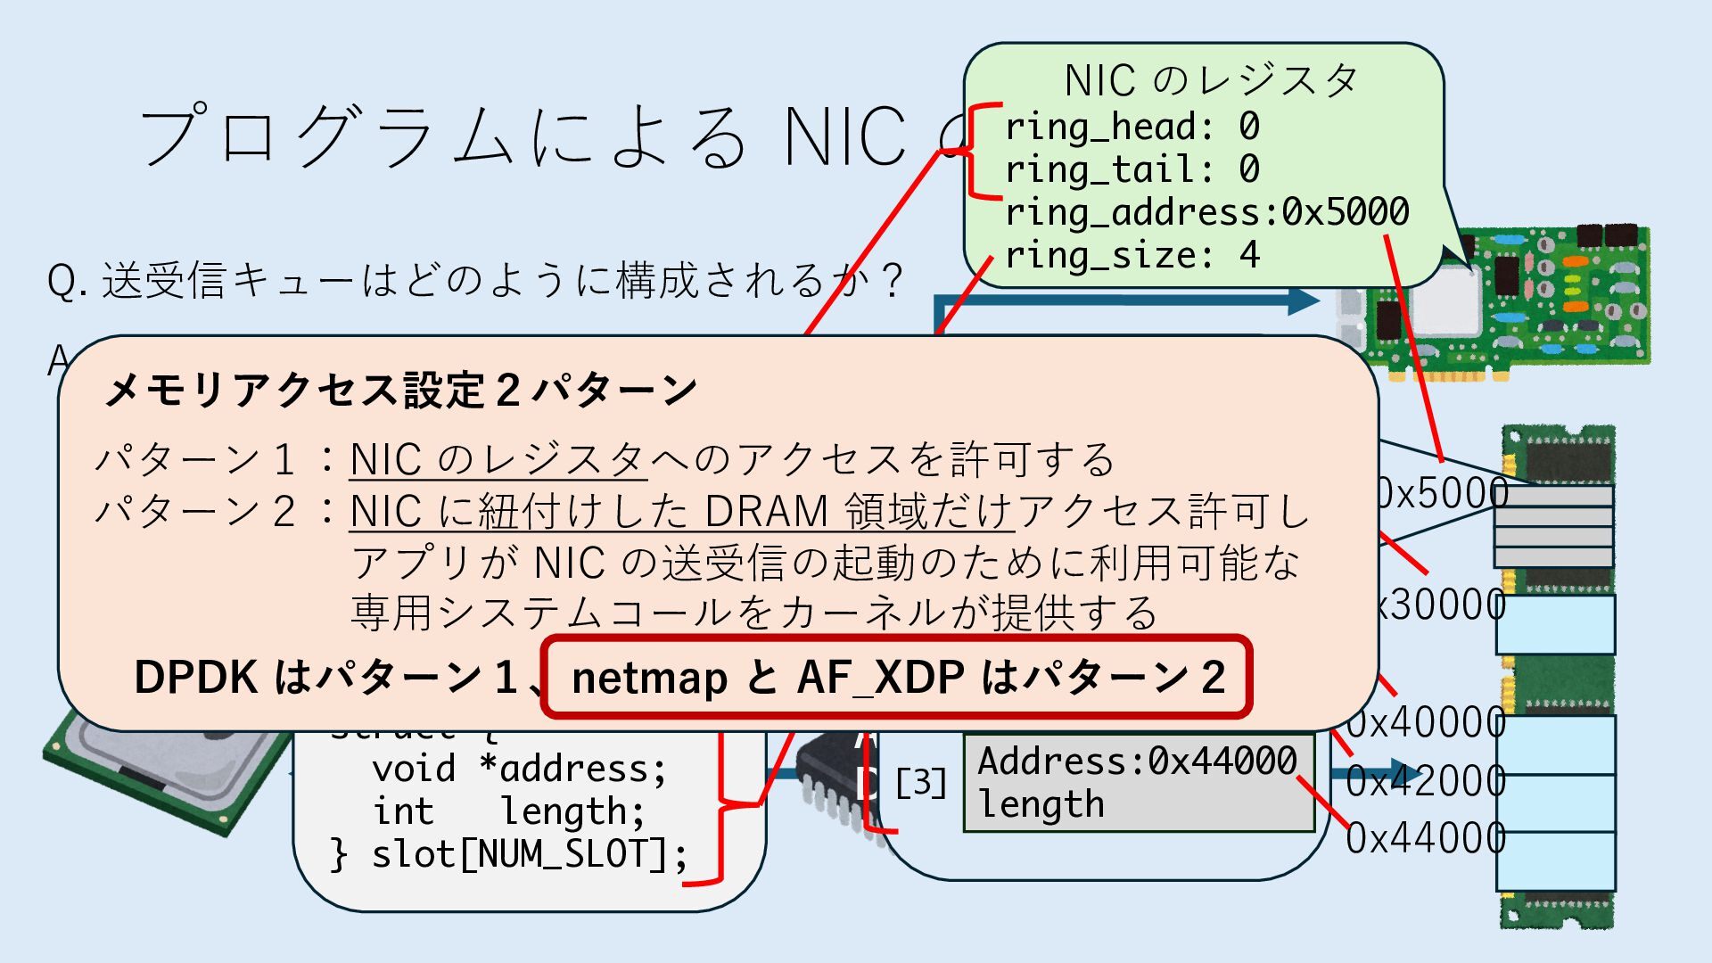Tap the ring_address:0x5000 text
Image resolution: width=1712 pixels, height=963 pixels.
1206,213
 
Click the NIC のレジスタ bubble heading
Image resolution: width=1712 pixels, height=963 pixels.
1210,81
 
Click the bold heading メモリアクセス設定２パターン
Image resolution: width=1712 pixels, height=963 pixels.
401,391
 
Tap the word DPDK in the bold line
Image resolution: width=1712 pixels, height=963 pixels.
195,678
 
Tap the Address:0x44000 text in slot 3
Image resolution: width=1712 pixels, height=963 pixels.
1137,761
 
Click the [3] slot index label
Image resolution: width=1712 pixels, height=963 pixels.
920,783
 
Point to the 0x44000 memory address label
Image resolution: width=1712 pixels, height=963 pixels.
1425,839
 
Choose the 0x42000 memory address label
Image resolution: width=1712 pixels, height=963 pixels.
1425,782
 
